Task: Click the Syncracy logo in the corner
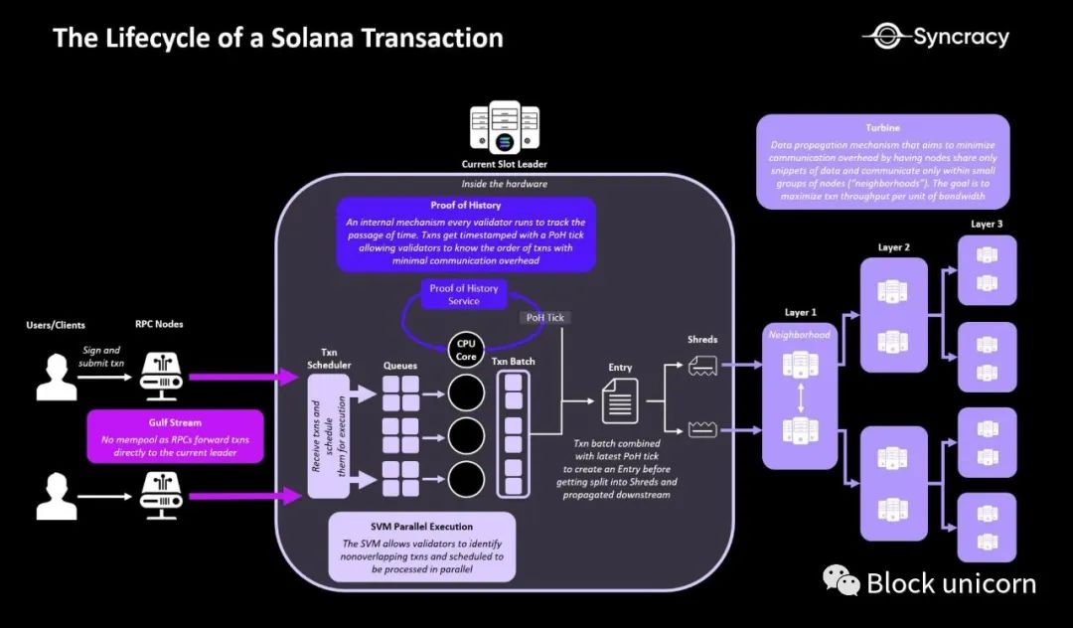point(935,38)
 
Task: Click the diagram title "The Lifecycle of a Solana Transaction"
point(277,39)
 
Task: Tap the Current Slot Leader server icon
point(504,128)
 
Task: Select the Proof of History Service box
point(464,294)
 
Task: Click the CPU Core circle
point(465,349)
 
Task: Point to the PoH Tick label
point(545,318)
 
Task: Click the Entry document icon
point(620,401)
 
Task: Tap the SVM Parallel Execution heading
point(421,526)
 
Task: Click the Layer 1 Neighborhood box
point(800,395)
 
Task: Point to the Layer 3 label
point(986,225)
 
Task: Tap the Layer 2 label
point(893,247)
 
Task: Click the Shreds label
point(702,339)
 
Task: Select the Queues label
point(400,365)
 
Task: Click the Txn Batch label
point(514,361)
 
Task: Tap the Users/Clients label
point(57,325)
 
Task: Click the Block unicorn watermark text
point(951,583)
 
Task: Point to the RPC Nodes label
point(159,324)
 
